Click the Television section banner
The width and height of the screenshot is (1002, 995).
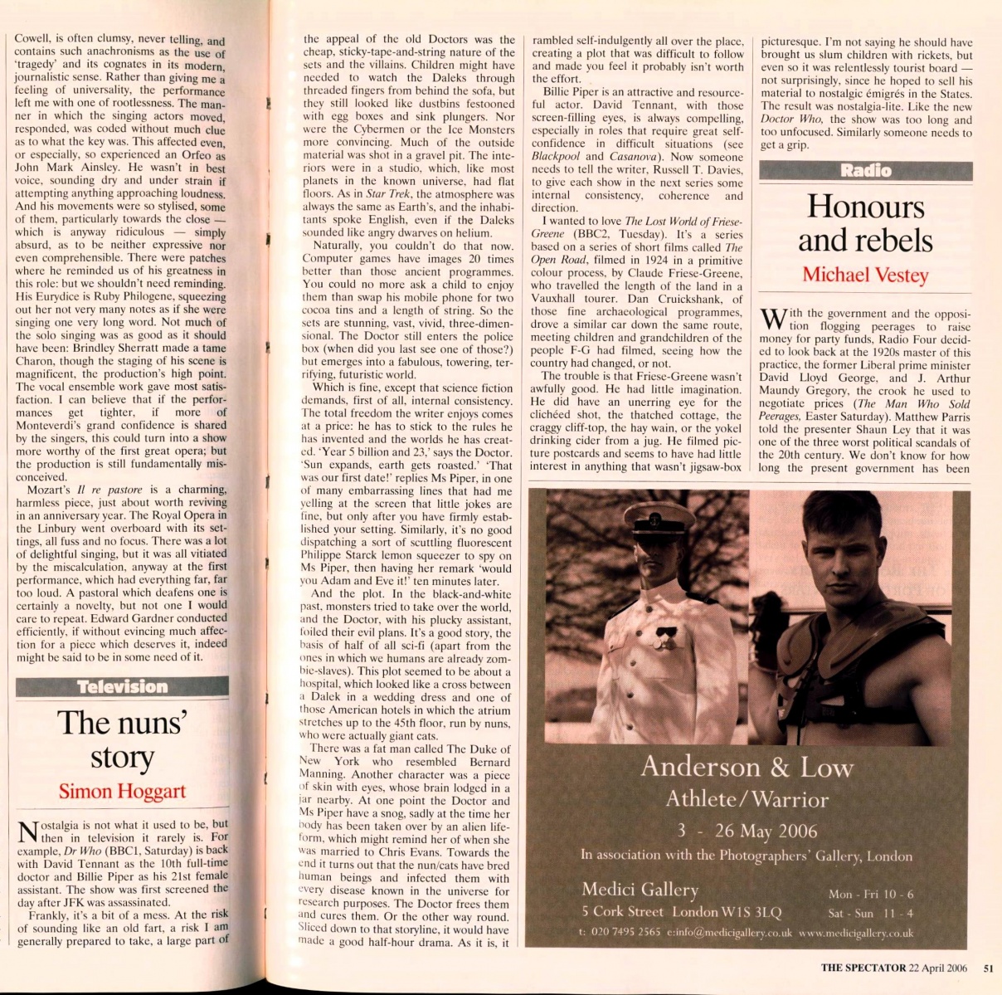click(122, 687)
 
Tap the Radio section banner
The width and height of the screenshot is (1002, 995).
click(865, 171)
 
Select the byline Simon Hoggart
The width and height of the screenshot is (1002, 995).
click(122, 791)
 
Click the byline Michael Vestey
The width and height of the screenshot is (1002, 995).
click(865, 275)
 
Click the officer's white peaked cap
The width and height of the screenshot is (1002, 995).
click(659, 518)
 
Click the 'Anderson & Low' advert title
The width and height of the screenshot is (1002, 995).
click(747, 767)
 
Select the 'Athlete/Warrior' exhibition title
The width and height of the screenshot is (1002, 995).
click(747, 799)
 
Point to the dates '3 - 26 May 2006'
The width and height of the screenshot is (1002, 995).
click(747, 831)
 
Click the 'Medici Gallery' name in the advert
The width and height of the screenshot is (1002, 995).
click(640, 890)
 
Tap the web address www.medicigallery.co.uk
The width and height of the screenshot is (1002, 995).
click(856, 933)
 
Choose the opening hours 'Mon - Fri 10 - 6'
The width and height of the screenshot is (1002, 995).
click(871, 894)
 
